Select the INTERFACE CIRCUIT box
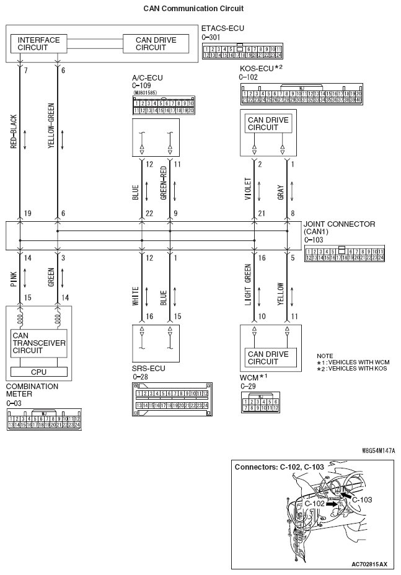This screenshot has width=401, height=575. (x=39, y=44)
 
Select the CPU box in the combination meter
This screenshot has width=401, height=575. (x=38, y=372)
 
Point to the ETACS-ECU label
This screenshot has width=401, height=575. (x=223, y=29)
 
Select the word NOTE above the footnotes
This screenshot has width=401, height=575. (x=325, y=356)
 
